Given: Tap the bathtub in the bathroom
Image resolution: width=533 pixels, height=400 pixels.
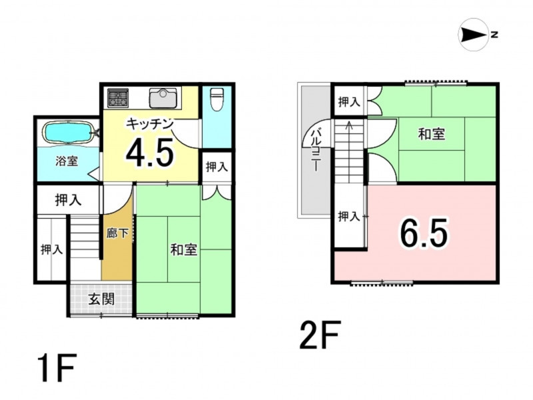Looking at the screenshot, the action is (x=68, y=132).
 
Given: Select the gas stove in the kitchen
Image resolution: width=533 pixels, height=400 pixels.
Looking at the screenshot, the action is (x=118, y=98).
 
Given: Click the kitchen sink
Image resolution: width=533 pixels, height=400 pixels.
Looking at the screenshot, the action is (x=163, y=98).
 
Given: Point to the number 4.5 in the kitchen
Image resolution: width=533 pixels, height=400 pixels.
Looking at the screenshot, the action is (x=150, y=153).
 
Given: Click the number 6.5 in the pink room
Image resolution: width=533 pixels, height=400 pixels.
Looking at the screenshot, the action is (x=424, y=233).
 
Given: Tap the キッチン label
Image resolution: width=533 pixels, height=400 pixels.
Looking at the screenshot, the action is (x=150, y=123).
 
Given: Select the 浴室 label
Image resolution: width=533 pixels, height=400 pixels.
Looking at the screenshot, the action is (x=67, y=161).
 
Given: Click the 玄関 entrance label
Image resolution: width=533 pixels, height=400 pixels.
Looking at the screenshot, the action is (x=101, y=299).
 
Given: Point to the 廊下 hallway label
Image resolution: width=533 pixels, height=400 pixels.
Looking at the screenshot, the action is (x=117, y=233).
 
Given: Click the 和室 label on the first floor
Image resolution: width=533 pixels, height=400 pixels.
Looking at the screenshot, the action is (x=184, y=250).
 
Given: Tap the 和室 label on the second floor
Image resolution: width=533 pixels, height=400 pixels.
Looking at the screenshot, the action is (x=431, y=134).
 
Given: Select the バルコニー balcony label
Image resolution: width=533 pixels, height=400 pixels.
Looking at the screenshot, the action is (x=315, y=149).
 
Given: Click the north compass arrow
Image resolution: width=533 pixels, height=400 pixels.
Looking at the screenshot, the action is (x=474, y=35).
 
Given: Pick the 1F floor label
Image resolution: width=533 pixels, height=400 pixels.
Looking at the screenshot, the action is (x=57, y=368).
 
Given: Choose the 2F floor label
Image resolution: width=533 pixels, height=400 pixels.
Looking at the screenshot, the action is (x=320, y=335).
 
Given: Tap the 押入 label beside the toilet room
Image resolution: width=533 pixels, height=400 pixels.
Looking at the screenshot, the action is (x=217, y=167).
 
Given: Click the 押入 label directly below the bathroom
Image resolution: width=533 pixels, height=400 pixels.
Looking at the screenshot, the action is (x=69, y=200).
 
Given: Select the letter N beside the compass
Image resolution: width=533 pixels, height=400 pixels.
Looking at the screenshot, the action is (x=494, y=35).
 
